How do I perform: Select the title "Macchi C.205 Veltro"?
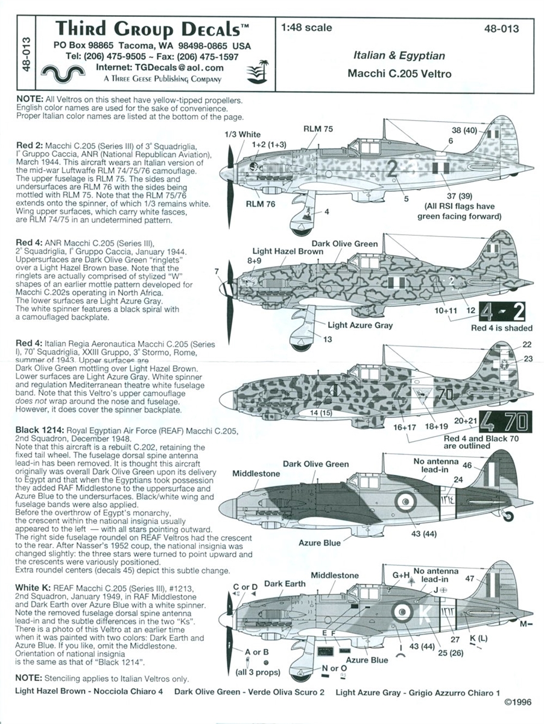399,75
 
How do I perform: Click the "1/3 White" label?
242,134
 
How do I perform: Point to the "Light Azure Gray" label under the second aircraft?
360,325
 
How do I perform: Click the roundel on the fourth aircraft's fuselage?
405,500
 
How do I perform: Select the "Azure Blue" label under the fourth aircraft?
319,542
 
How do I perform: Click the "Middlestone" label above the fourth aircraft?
256,474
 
